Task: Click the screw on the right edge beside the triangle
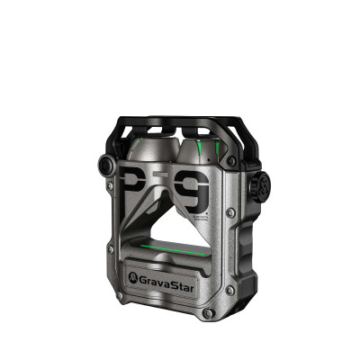(231, 213)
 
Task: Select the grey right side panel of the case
(247, 243)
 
